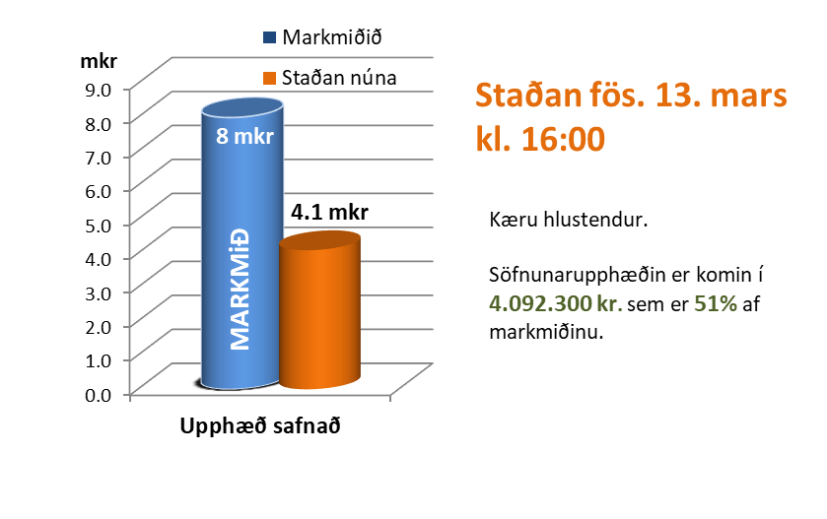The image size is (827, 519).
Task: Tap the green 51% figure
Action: (717, 303)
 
